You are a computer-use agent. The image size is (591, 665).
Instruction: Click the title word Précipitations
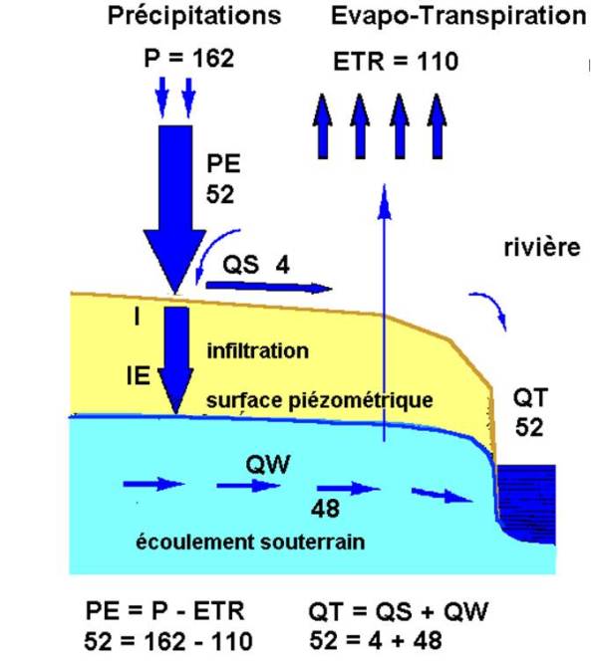(x=194, y=17)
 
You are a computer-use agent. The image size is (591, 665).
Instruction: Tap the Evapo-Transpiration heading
(x=458, y=17)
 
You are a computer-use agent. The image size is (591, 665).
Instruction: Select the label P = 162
(x=189, y=58)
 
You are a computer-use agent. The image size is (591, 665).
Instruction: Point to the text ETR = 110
(x=396, y=61)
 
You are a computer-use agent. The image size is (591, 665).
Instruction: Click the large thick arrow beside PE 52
(x=175, y=208)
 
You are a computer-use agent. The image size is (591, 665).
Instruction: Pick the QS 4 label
(x=256, y=265)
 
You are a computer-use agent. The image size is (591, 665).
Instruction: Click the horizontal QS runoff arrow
(x=269, y=287)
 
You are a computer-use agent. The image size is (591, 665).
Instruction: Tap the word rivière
(x=542, y=247)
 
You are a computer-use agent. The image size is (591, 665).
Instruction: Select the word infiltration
(x=258, y=351)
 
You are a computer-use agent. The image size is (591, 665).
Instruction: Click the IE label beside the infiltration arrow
(x=139, y=375)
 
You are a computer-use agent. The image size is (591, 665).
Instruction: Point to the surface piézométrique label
(x=320, y=400)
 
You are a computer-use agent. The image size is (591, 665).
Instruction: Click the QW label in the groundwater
(x=268, y=464)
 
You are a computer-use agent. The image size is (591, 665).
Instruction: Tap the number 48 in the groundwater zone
(x=325, y=509)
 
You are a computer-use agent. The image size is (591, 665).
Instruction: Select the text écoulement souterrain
(x=250, y=542)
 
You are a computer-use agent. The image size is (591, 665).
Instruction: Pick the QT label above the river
(x=530, y=398)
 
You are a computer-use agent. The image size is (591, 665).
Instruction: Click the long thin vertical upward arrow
(x=385, y=313)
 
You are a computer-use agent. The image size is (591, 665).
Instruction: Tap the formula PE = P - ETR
(x=165, y=611)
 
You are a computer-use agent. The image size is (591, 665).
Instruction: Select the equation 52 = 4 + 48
(x=376, y=640)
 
